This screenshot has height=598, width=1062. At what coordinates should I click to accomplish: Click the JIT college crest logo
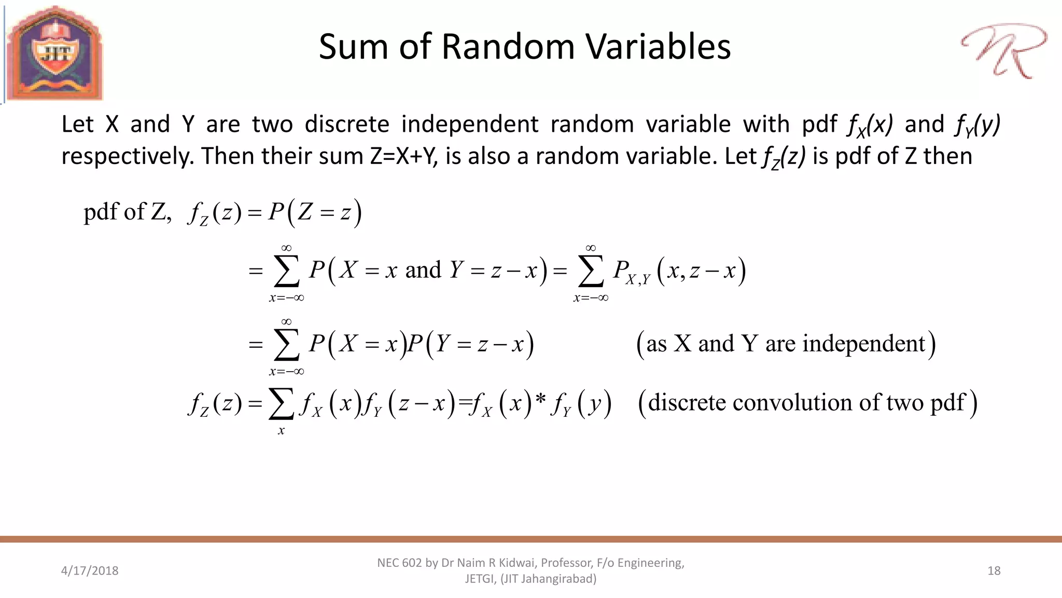coord(54,53)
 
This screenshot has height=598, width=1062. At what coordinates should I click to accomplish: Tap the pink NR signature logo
coord(1003,51)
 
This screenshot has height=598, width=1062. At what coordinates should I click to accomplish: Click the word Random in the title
coord(508,47)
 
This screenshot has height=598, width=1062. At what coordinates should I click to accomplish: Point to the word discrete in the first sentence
coord(347,124)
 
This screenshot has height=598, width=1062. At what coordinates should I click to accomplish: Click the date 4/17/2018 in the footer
coord(90,570)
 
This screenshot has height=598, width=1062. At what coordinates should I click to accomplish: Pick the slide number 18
coord(994,570)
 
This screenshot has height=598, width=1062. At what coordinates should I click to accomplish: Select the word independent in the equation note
coord(863,344)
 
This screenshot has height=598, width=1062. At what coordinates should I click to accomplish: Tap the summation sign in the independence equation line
coord(287,345)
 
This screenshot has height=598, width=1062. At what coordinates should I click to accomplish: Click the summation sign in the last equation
coord(281,404)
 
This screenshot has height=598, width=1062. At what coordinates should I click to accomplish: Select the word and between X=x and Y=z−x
coord(423,270)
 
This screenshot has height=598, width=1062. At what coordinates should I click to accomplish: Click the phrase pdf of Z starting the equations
coord(127,212)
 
